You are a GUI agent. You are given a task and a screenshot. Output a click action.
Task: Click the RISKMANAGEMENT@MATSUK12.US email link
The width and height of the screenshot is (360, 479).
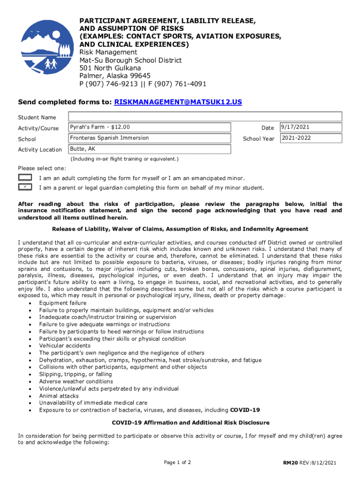178,102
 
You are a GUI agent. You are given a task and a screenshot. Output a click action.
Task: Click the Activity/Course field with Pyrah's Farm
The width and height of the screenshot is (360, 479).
150,127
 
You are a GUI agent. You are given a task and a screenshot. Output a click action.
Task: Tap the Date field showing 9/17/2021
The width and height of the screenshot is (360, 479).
311,127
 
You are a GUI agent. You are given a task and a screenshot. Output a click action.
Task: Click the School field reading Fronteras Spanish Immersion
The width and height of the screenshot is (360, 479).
150,138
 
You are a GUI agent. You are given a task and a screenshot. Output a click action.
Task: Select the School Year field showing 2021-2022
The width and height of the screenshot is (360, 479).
311,138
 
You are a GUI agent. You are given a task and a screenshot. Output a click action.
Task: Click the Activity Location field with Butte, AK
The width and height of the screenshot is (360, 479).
150,149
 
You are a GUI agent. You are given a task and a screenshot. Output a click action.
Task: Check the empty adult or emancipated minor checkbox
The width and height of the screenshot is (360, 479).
25,178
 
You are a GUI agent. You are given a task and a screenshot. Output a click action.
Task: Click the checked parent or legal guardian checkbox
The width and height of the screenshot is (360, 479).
25,187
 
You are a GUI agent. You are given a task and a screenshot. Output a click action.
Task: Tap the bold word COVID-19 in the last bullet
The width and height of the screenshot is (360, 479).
245,410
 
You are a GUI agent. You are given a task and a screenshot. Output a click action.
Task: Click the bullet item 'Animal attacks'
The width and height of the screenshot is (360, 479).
59,396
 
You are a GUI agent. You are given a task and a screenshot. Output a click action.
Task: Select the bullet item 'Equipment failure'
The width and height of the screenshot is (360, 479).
63,303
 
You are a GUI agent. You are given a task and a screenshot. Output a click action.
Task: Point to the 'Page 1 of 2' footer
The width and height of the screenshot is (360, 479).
177,463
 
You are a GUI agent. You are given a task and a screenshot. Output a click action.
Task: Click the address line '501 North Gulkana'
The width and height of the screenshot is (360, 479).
110,68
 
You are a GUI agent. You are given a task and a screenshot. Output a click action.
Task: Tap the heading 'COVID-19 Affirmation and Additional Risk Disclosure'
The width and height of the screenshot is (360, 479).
191,423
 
